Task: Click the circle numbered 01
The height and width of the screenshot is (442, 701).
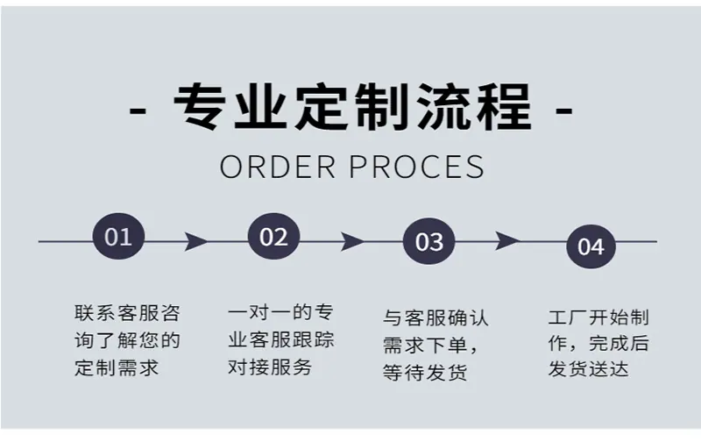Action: click(x=118, y=236)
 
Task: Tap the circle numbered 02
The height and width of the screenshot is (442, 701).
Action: click(x=273, y=236)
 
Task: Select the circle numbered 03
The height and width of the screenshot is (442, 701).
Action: click(x=429, y=241)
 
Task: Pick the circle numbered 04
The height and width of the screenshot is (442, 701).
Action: click(x=591, y=246)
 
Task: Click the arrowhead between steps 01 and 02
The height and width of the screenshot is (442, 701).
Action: click(x=195, y=241)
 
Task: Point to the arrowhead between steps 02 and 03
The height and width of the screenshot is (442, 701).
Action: click(x=352, y=241)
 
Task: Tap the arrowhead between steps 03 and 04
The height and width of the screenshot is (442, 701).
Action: click(x=507, y=241)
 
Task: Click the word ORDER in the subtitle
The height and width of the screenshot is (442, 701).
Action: click(x=277, y=167)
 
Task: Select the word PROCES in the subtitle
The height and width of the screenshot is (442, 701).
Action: click(x=417, y=167)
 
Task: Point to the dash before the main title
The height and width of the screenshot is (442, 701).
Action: click(x=138, y=110)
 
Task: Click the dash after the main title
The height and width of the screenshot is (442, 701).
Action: click(x=563, y=110)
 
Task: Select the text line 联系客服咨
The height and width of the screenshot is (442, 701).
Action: click(x=127, y=313)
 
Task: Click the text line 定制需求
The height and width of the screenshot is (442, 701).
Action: click(x=117, y=367)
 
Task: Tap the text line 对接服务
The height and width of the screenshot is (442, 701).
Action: click(x=270, y=367)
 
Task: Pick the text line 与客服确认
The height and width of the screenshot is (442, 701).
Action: click(x=435, y=318)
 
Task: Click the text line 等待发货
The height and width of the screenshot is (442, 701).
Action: click(x=425, y=372)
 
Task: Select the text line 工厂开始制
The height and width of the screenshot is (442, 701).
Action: click(x=598, y=317)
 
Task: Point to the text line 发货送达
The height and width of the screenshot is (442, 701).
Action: click(x=588, y=369)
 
